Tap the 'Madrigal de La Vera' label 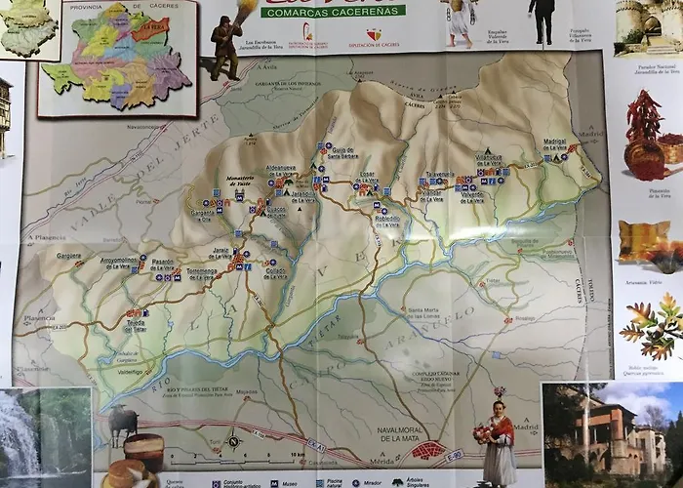554,143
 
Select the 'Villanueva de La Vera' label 489,158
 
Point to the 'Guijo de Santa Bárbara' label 342,152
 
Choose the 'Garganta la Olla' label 203,215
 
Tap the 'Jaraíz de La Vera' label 222,254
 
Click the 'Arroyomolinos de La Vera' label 119,263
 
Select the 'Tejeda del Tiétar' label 136,326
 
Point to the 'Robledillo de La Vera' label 387,221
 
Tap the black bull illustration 123,423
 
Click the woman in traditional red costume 500,441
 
